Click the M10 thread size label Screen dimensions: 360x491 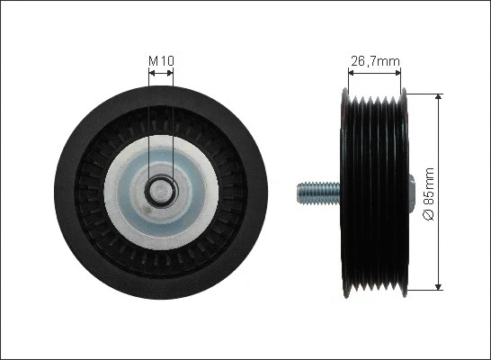pyautogui.click(x=160, y=61)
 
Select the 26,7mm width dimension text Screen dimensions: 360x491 pyautogui.click(x=374, y=61)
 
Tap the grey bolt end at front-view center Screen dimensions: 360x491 pyautogui.click(x=160, y=190)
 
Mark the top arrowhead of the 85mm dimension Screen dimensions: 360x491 pyautogui.click(x=438, y=96)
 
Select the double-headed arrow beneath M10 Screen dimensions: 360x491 pyautogui.click(x=160, y=76)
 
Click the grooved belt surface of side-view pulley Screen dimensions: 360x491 pyautogui.click(x=375, y=191)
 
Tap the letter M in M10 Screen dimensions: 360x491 pyautogui.click(x=152, y=61)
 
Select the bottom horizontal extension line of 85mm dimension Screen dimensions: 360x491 pyautogui.click(x=423, y=290)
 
